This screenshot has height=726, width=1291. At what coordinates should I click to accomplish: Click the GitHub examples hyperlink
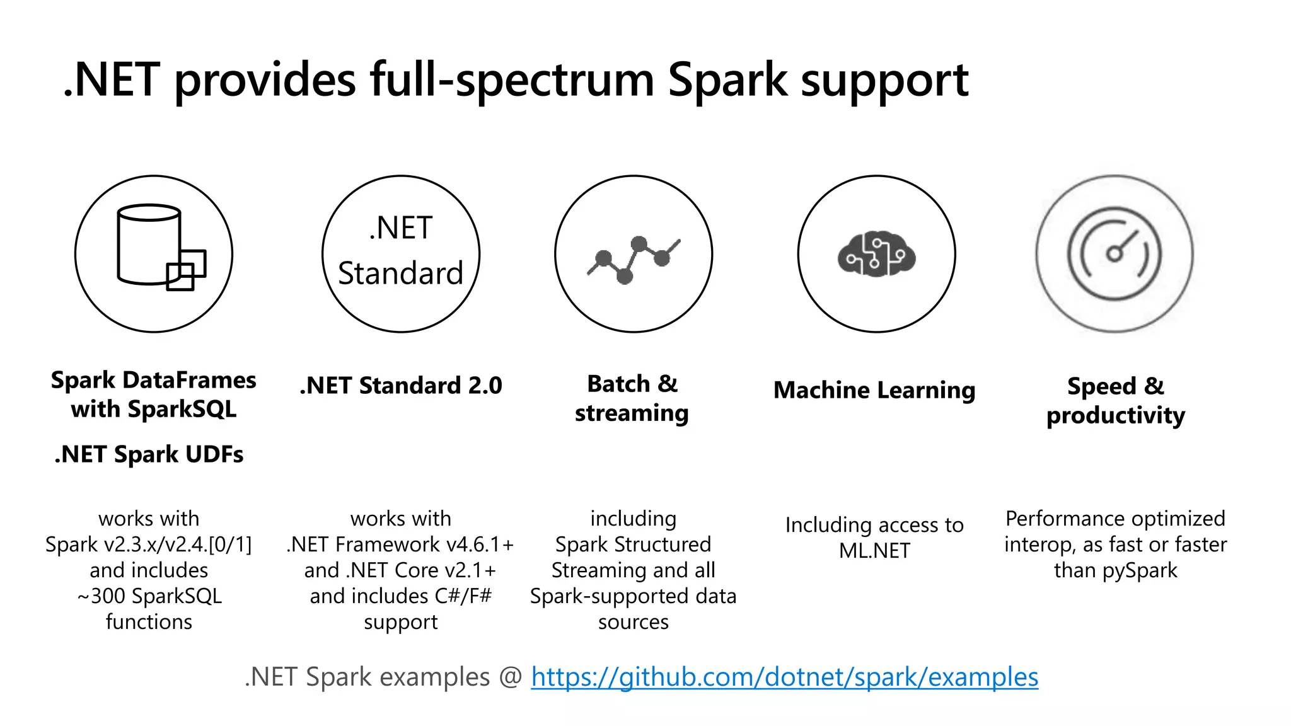point(784,677)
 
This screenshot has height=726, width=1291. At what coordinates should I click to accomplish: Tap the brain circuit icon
point(876,253)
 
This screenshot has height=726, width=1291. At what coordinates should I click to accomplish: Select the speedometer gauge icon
point(1114,253)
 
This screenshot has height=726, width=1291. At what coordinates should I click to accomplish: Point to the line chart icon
point(634,258)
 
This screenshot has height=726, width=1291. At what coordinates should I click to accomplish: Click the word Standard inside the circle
point(400,274)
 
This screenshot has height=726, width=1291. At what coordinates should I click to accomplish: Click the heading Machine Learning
point(874,390)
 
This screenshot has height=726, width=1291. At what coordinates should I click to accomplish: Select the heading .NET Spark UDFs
point(149,454)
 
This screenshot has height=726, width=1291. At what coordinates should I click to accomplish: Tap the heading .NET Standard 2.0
point(401,386)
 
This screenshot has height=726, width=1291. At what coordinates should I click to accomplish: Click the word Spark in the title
point(727,80)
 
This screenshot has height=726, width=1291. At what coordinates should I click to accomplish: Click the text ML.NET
point(874,551)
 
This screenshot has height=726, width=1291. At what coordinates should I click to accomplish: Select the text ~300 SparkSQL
point(149,596)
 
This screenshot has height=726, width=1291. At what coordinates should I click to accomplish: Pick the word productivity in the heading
point(1115,416)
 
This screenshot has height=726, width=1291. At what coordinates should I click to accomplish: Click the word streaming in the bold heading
point(632,413)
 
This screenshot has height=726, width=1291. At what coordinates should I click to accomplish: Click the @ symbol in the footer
point(511,677)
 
